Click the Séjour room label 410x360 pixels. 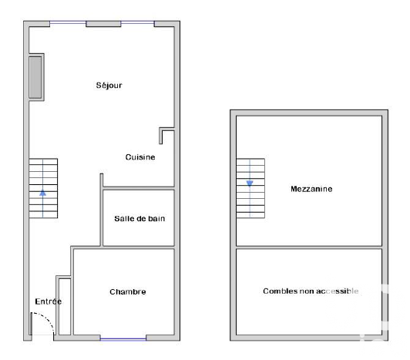tap(109, 86)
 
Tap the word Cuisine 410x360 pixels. tap(140, 157)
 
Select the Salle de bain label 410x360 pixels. tap(139, 218)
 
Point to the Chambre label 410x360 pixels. tap(128, 291)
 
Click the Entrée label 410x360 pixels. tap(49, 301)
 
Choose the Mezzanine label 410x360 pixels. tap(311, 189)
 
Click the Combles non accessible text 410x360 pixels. tap(311, 291)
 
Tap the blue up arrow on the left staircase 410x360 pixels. tap(43, 193)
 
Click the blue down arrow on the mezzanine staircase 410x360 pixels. tap(250, 183)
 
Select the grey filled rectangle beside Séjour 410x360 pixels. tap(35, 77)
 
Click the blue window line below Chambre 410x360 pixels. tap(123, 339)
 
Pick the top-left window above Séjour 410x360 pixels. tap(68, 23)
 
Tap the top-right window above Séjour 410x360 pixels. tap(137, 23)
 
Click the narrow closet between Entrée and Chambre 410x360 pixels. tap(65, 306)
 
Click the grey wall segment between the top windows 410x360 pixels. tap(103, 24)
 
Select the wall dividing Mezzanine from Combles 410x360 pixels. tap(309, 247)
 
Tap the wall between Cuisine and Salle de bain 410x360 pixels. tap(139, 187)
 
